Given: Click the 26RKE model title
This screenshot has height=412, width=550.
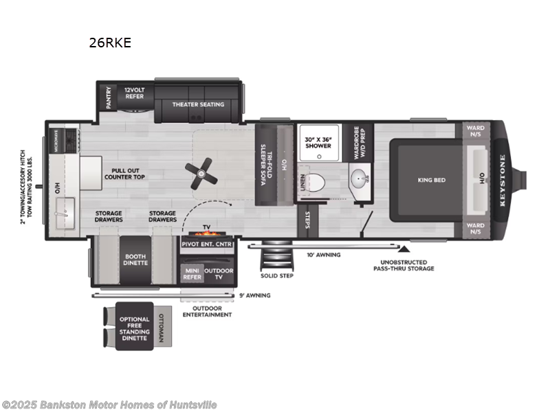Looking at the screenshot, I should coord(110,43).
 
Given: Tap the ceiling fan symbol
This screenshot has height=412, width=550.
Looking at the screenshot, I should coord(202,171).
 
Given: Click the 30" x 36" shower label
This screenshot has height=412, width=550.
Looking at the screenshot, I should coord(318,141).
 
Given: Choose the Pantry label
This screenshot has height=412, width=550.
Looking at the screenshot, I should coord(108,98).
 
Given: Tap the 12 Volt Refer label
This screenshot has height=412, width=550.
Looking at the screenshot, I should coord(135,94).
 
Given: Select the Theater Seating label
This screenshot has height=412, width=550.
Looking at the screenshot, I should coord(198,104).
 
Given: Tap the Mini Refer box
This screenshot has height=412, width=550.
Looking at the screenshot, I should coord(191,275).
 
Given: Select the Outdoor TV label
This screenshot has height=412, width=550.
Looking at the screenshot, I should coord(219,275).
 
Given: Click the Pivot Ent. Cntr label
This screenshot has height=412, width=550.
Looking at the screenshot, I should coord(206,244).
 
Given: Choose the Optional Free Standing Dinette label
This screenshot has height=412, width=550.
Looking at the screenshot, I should coord(134,328).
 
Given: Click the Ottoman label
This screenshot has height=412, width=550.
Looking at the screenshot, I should coord(160,328).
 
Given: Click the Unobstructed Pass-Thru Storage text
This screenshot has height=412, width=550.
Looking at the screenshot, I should coord(408,265).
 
